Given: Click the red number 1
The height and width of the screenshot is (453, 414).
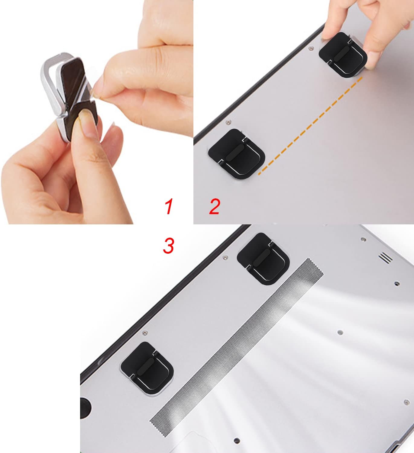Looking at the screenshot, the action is tap(169, 206).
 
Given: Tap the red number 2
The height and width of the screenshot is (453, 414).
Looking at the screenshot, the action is tap(214, 206).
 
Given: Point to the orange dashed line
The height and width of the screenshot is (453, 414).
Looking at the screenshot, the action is tap(310, 126).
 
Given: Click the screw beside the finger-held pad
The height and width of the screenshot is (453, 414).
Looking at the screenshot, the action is tap(312, 48).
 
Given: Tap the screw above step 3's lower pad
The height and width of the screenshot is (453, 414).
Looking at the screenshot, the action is tap(145, 333).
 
